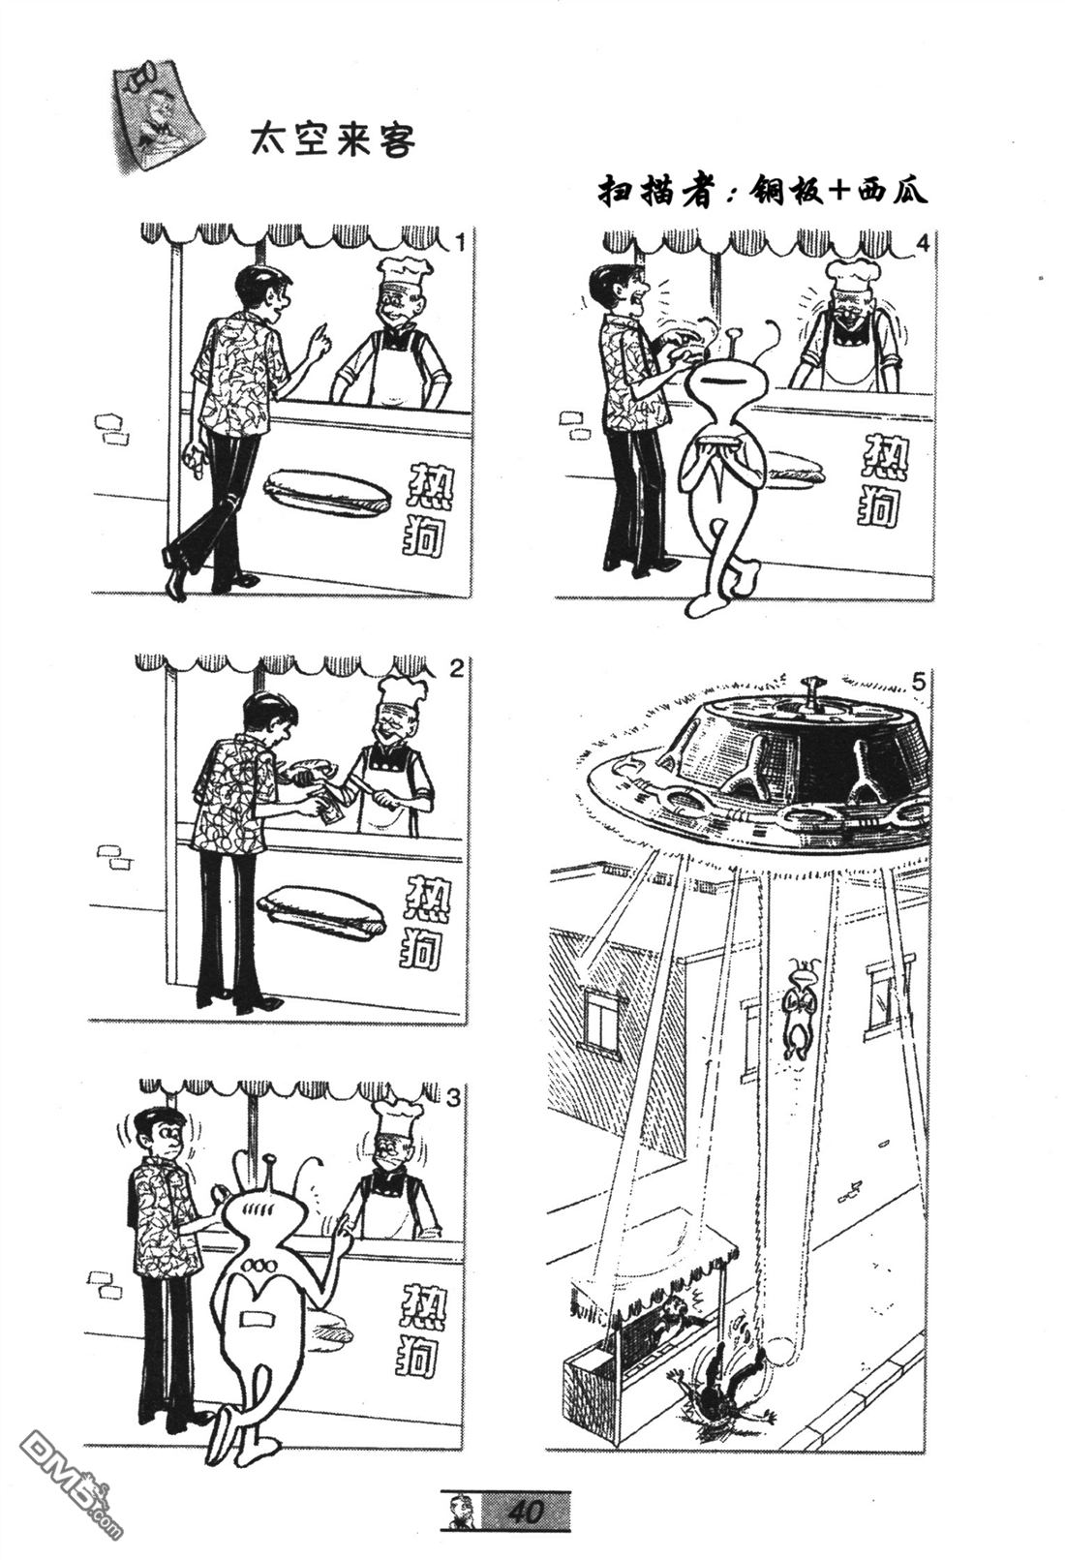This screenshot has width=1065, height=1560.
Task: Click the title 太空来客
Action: pyautogui.click(x=333, y=140)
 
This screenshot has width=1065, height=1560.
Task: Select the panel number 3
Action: pyautogui.click(x=453, y=1098)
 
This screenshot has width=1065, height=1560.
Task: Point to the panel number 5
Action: pyautogui.click(x=919, y=683)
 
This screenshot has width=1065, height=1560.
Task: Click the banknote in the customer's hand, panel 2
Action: pyautogui.click(x=330, y=811)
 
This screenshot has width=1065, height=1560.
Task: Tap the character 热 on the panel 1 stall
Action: pyautogui.click(x=430, y=488)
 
